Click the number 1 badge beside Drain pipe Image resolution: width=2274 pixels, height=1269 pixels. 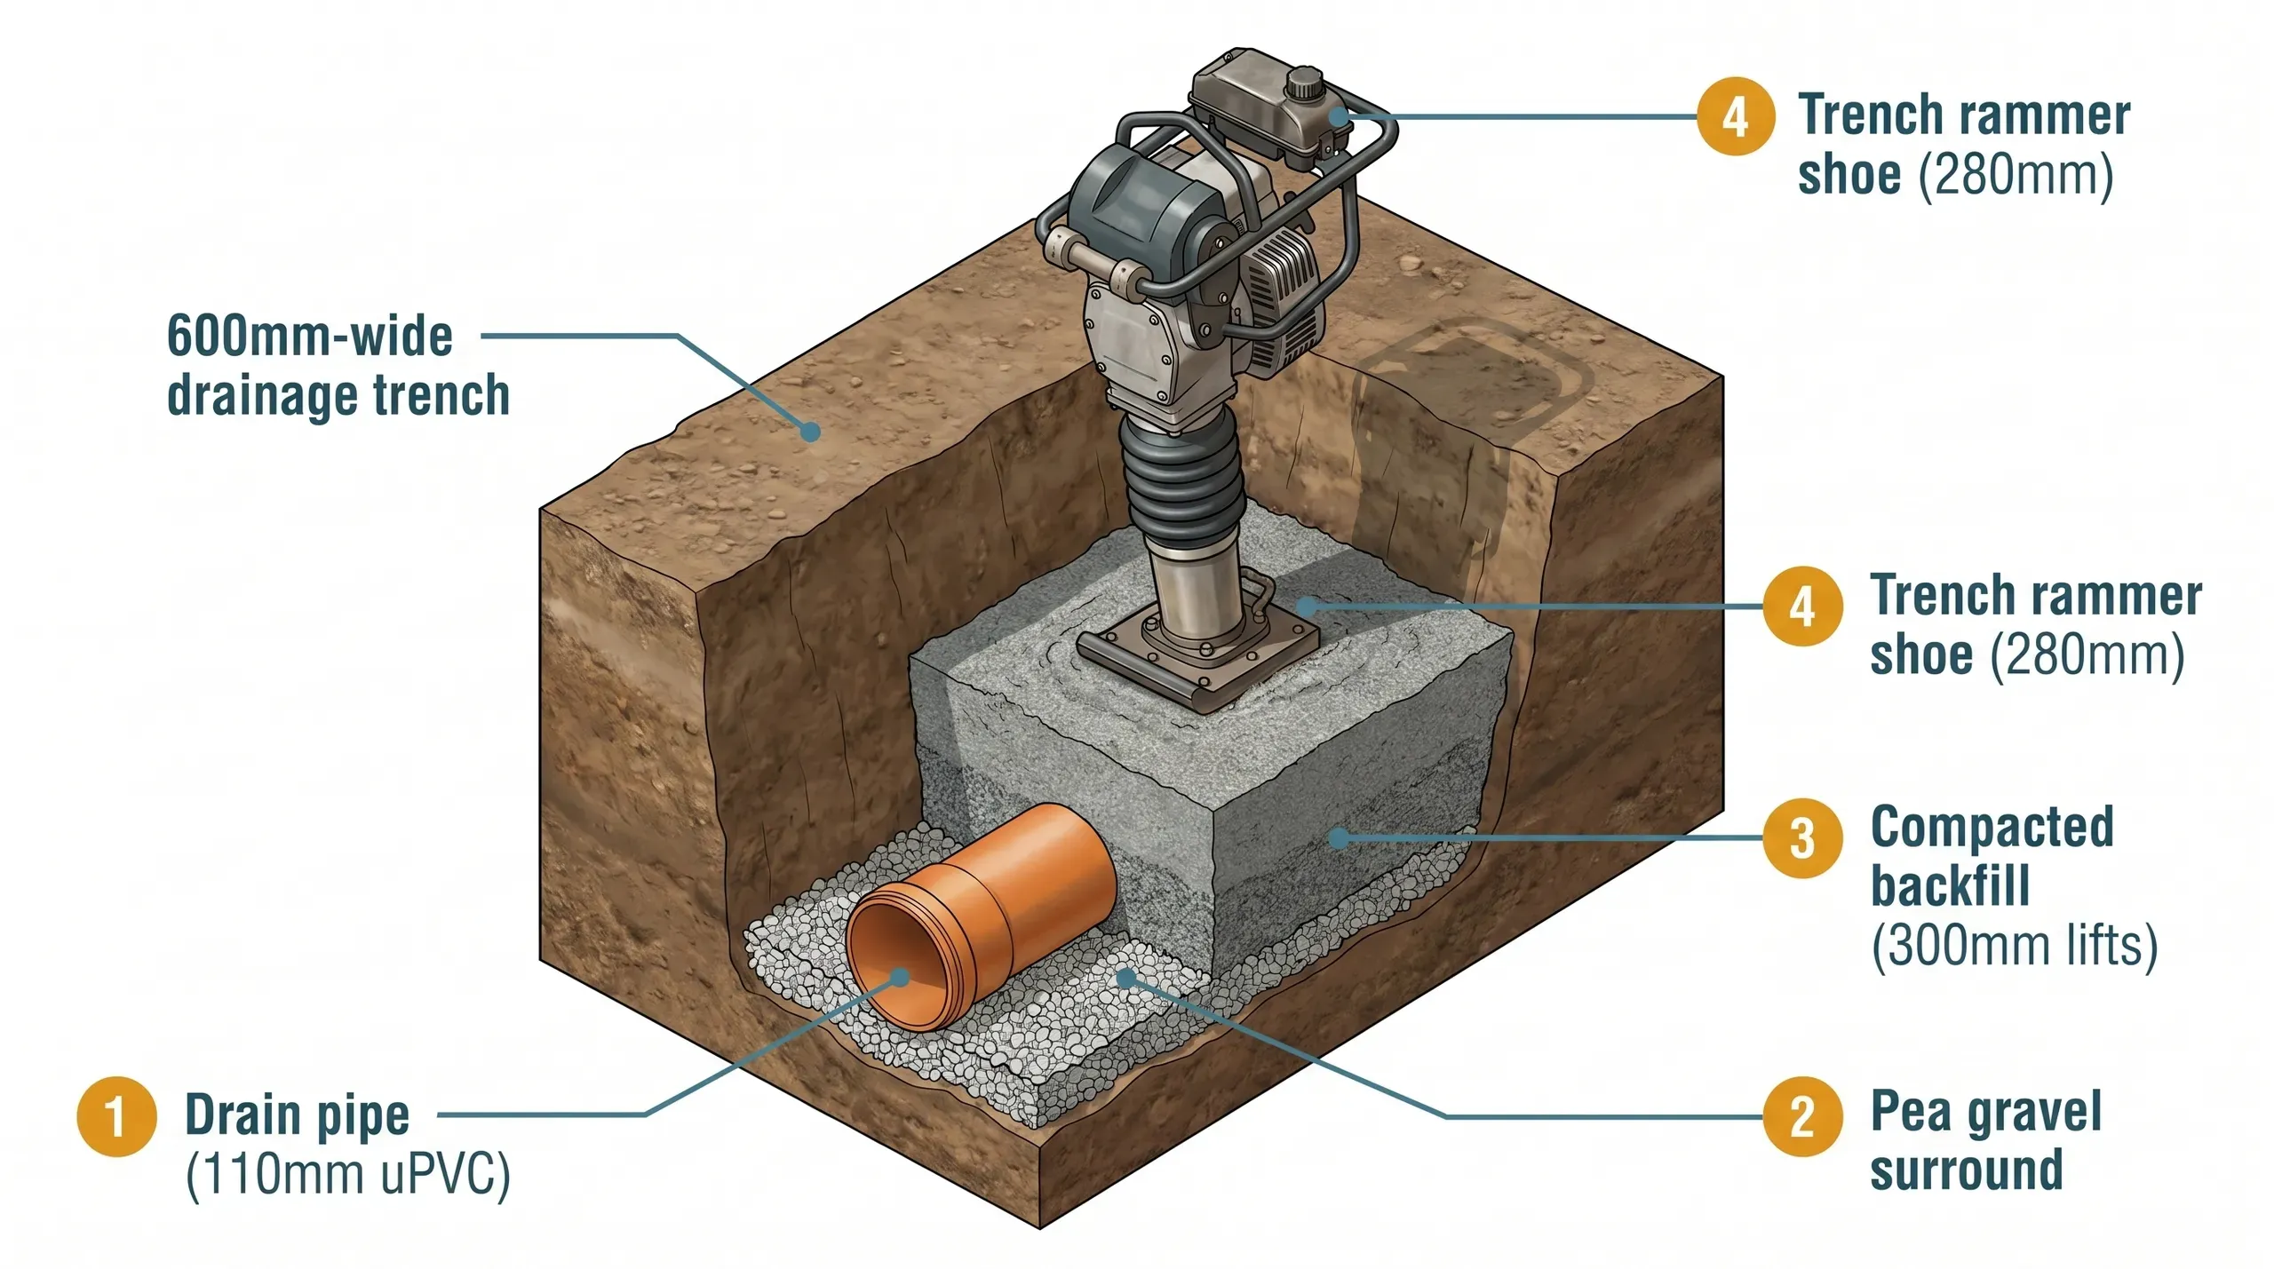[117, 1116]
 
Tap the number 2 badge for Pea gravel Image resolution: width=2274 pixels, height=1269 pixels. [1802, 1116]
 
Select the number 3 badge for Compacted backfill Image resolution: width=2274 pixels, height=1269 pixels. [1802, 837]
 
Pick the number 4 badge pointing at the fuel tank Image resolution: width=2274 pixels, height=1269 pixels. [1736, 116]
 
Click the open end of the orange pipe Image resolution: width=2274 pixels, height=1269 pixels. [897, 972]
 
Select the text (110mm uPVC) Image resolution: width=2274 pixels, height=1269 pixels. [348, 1174]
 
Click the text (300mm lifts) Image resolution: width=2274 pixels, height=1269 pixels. [2014, 945]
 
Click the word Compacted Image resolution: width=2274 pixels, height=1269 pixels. [1992, 828]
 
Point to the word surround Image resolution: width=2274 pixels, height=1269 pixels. [1967, 1170]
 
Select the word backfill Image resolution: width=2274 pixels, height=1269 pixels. [1951, 886]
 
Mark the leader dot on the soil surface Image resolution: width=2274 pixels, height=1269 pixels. [810, 432]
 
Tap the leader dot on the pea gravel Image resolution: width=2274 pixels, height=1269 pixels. [1126, 979]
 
